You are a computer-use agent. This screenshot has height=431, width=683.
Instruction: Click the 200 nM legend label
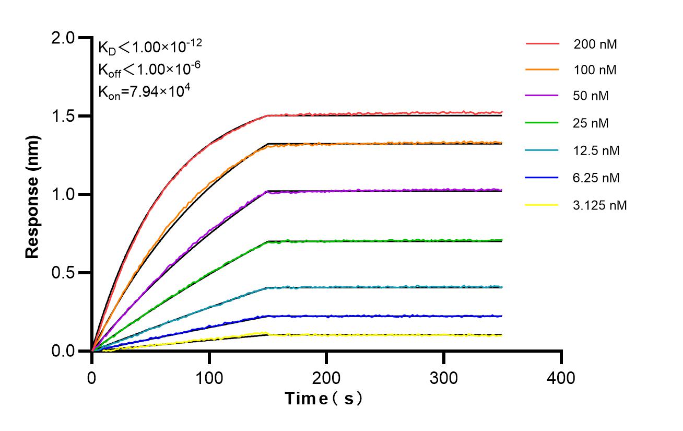595,44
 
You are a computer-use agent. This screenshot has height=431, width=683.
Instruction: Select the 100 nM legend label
595,69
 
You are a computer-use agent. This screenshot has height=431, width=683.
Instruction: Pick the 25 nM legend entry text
591,124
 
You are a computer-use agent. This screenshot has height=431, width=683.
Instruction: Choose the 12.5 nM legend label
596,151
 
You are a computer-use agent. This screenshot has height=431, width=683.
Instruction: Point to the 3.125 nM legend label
599,205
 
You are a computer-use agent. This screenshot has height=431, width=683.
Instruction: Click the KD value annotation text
150,48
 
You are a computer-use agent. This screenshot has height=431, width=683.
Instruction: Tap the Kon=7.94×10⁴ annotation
144,91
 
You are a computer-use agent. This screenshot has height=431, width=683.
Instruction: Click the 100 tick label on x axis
209,377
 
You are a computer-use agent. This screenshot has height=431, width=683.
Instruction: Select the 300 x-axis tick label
444,377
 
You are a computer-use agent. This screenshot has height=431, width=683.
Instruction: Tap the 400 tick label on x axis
561,377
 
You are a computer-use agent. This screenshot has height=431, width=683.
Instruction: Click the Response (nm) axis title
33,194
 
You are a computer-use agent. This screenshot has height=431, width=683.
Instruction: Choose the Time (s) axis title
324,399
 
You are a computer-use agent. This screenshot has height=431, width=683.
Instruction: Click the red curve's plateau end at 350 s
502,112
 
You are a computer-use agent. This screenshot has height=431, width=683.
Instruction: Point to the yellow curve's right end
502,335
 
